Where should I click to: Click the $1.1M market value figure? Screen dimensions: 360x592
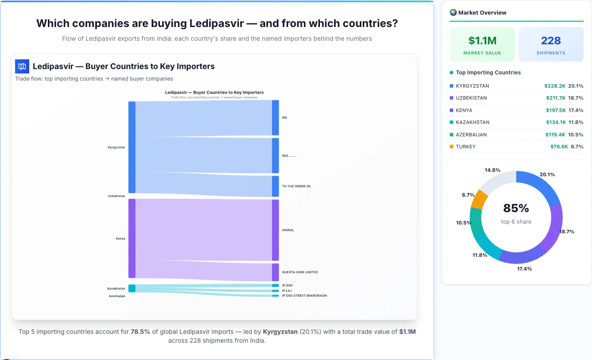click(482, 41)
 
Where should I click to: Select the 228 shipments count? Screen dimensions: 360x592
click(551, 41)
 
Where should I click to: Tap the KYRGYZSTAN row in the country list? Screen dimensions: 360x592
click(472, 86)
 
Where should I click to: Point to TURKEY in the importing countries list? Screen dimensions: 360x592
click(466, 147)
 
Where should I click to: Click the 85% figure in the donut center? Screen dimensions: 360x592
click(516, 208)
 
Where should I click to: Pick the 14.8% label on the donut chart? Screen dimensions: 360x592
click(492, 170)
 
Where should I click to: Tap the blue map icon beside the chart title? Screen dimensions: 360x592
click(22, 66)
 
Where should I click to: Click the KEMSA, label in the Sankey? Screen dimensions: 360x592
click(288, 230)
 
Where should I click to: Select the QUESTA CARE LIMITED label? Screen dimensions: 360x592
click(300, 272)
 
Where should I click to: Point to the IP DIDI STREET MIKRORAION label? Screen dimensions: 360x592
click(304, 295)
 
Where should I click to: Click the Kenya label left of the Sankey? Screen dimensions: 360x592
click(121, 239)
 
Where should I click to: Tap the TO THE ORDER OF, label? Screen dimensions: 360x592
click(296, 186)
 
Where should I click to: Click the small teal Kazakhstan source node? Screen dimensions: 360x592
click(132, 288)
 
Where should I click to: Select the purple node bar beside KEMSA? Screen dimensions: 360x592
click(275, 230)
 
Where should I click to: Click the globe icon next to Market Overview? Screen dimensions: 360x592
click(453, 12)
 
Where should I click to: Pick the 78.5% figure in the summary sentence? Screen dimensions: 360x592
click(140, 332)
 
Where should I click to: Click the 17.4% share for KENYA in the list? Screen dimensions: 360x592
click(576, 110)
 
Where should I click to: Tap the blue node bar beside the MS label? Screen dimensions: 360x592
click(275, 118)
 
